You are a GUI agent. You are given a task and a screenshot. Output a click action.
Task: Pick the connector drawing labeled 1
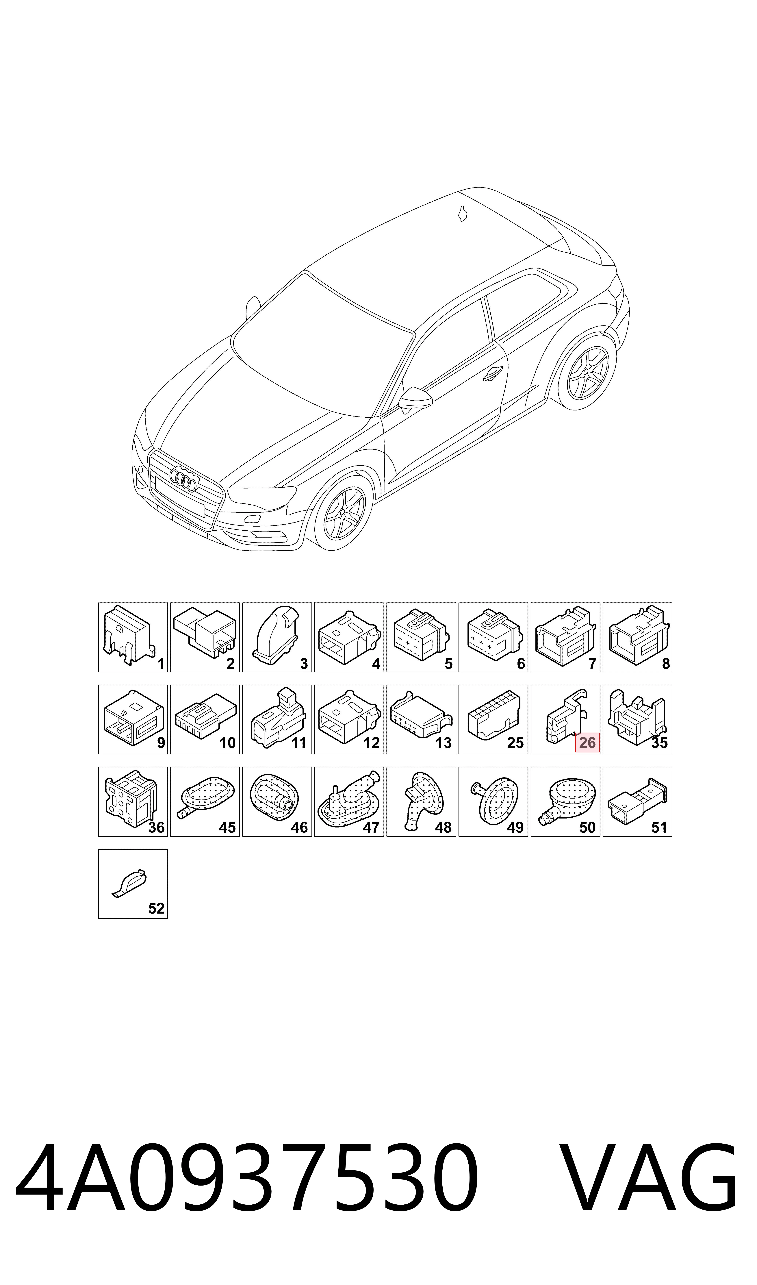tap(128, 635)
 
